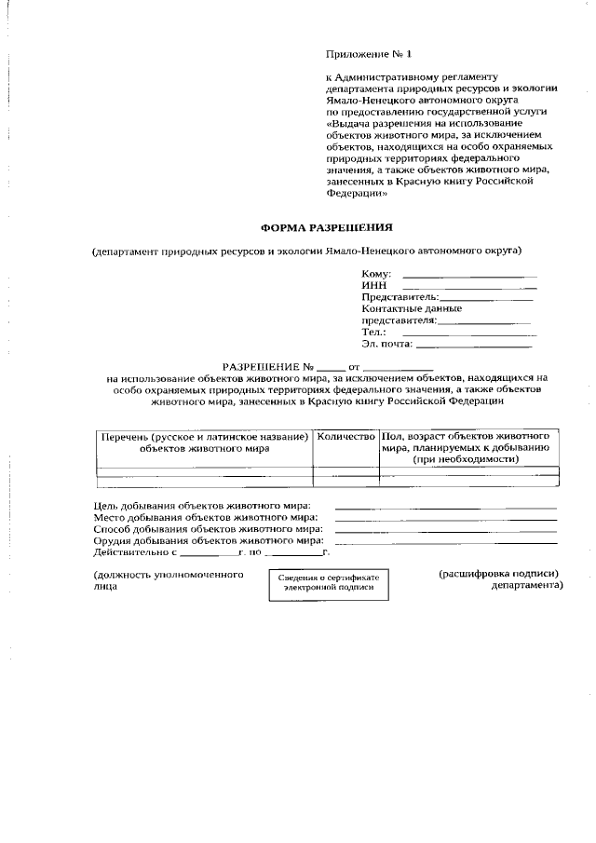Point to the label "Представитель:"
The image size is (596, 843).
pos(399,297)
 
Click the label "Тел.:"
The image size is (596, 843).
pos(373,332)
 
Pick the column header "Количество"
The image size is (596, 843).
pos(345,436)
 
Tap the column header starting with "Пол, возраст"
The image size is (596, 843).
pos(470,447)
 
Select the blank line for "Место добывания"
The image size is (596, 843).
pos(445,519)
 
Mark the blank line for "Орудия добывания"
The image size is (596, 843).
pos(445,542)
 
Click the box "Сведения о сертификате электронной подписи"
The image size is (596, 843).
pos(329,583)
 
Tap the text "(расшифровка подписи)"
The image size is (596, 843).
pos(498,575)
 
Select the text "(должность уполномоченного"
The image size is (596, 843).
pos(169,576)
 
